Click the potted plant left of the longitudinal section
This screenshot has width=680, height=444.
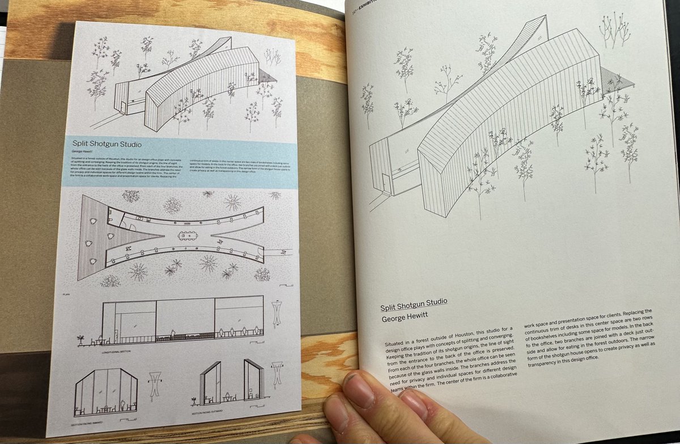pos(80,340)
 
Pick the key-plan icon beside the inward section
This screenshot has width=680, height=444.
pos(155,383)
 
